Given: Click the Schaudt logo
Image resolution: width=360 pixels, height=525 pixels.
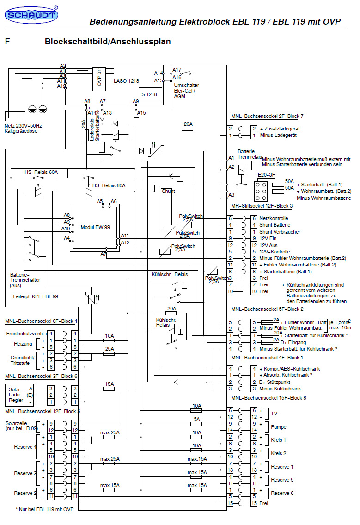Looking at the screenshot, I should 31,16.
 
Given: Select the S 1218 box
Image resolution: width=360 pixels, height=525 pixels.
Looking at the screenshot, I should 149,94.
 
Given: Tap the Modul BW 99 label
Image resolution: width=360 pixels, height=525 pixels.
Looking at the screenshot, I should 95,228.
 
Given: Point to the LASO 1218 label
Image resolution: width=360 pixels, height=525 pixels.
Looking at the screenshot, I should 126,81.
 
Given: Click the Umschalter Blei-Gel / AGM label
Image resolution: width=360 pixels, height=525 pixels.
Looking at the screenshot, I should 187,91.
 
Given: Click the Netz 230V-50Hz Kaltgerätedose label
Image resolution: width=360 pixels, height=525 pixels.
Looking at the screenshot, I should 23,128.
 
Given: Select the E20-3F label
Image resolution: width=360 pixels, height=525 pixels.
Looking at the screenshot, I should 266,175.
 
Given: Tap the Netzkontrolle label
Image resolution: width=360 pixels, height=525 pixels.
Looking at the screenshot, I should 274,218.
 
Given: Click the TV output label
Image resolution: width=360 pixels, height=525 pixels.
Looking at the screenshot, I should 275,414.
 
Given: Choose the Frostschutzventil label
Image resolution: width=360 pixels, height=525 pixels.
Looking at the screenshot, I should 24,333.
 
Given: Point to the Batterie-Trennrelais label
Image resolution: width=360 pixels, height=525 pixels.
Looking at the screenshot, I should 247,154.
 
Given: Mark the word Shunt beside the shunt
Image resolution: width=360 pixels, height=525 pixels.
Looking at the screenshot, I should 168,191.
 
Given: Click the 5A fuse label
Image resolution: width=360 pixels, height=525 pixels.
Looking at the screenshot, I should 197,419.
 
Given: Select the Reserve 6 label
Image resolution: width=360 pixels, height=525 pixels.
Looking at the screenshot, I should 282,493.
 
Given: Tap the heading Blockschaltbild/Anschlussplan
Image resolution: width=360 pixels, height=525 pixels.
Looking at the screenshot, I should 108,42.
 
